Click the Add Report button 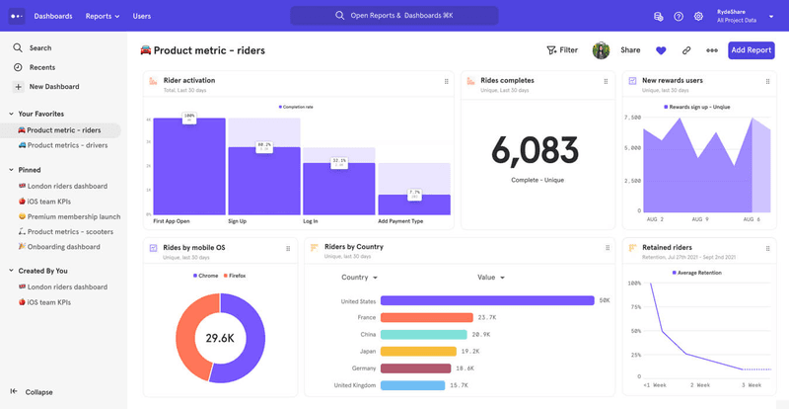(x=751, y=50)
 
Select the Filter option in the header (x=562, y=50)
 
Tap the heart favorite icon (x=661, y=50)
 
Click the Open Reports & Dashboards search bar (x=394, y=16)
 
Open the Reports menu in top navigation (x=102, y=16)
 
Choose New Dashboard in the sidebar (x=56, y=87)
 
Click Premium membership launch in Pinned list (x=74, y=216)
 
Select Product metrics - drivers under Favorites (x=67, y=145)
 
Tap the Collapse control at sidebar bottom (x=39, y=392)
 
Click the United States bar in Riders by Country (x=487, y=301)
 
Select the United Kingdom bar (x=411, y=385)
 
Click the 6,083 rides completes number (x=536, y=151)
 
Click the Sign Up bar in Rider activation (x=263, y=181)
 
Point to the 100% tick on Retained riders (x=633, y=284)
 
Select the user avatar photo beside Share (x=601, y=50)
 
